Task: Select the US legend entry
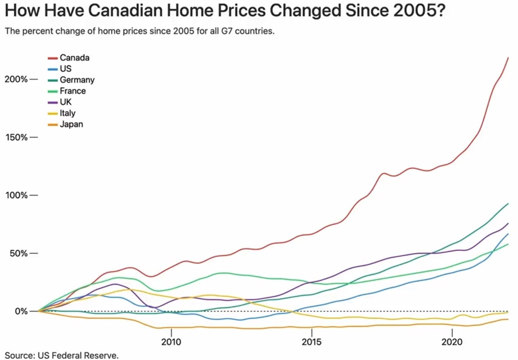click(x=65, y=69)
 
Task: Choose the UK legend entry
click(x=65, y=102)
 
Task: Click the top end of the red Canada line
click(x=508, y=58)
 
